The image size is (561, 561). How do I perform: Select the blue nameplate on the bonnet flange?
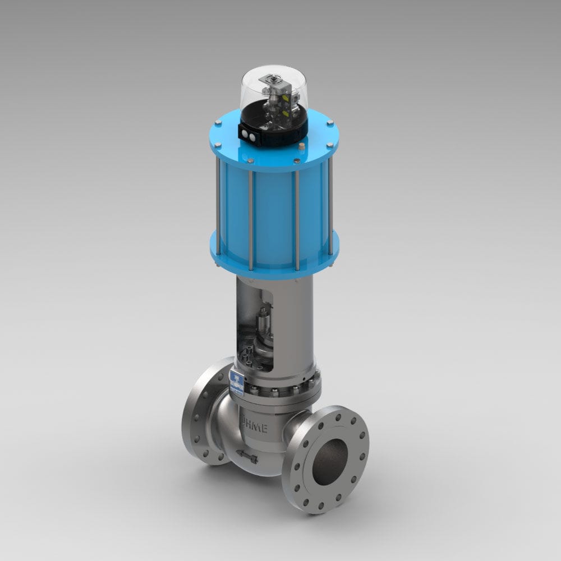(x=237, y=382)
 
